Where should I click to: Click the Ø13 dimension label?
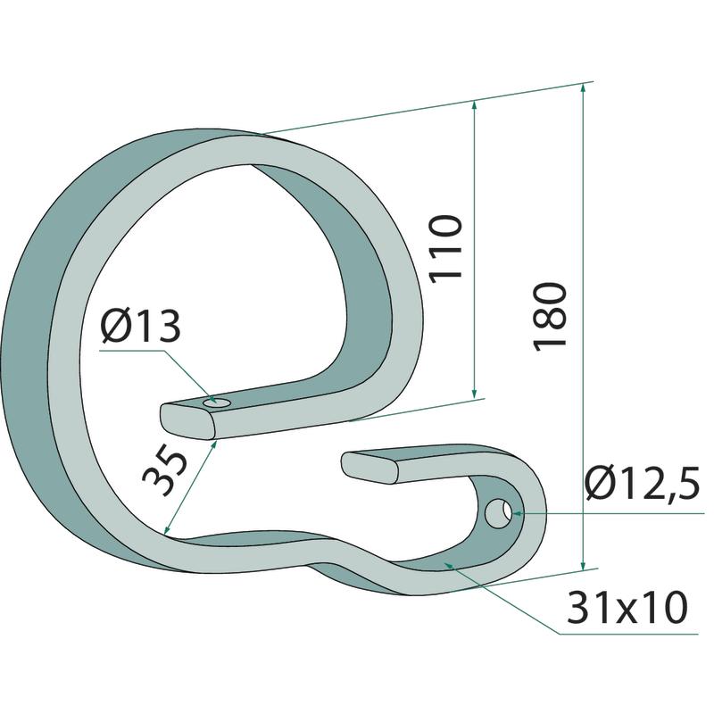(141, 326)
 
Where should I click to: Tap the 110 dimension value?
(446, 248)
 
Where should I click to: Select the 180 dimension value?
(549, 317)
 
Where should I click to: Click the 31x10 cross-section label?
(627, 607)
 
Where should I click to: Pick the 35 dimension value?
(165, 474)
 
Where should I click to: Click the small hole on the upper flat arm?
(217, 403)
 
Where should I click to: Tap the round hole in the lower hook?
(499, 512)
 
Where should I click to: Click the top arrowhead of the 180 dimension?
(584, 87)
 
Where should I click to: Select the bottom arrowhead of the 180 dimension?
(583, 565)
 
